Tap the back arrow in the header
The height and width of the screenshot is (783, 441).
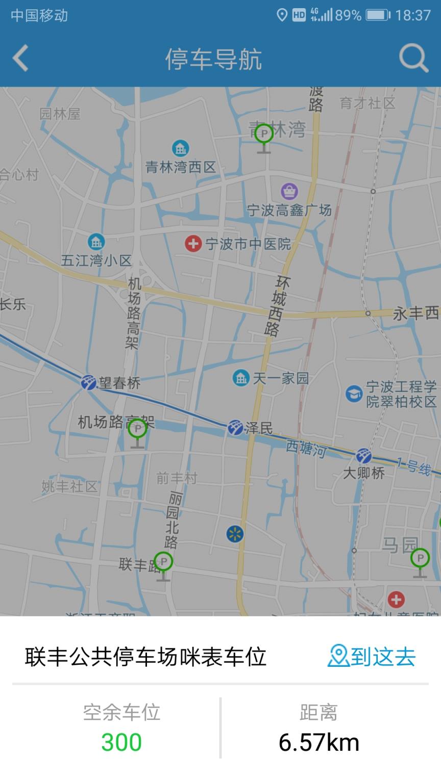(x=20, y=59)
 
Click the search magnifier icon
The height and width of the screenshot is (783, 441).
(x=413, y=58)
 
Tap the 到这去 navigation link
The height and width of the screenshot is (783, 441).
(x=372, y=656)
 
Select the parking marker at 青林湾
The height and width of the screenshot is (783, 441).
(x=264, y=134)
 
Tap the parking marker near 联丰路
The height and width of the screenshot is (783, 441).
(x=163, y=562)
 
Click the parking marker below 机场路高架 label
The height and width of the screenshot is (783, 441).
(x=137, y=430)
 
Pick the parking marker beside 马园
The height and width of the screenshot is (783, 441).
(x=420, y=559)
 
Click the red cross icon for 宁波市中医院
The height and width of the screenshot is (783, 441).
(x=193, y=244)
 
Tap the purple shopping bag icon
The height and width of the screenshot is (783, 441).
(x=289, y=192)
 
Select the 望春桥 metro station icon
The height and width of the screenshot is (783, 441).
(x=89, y=382)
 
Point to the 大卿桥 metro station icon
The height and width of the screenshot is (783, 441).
(x=363, y=456)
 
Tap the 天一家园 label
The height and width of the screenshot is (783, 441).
(x=281, y=378)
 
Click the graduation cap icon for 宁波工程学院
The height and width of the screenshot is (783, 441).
(x=354, y=394)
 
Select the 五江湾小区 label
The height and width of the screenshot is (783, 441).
(x=96, y=260)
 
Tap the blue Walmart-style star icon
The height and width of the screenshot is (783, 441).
(x=235, y=534)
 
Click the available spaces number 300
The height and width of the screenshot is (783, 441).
(x=121, y=742)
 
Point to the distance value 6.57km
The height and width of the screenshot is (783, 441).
(x=318, y=743)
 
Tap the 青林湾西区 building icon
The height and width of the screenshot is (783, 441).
(x=180, y=148)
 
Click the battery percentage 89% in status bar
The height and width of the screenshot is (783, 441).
(x=348, y=15)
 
